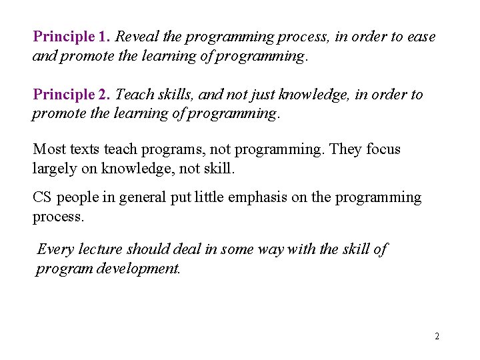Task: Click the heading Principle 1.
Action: (72, 37)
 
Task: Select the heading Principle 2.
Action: (72, 95)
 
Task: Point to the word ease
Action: (420, 37)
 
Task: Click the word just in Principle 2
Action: (285, 95)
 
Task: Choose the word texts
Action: (82, 149)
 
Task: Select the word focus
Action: (383, 149)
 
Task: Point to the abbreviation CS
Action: (42, 197)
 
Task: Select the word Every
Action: (56, 249)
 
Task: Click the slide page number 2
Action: (437, 336)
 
